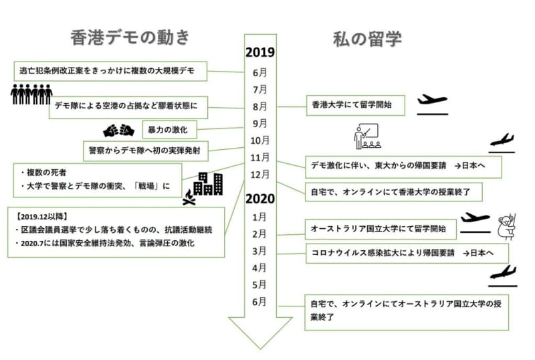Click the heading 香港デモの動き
click(130, 37)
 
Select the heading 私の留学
click(367, 39)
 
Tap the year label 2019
click(260, 52)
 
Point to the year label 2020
click(260, 199)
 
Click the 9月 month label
click(259, 123)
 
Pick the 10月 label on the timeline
click(259, 141)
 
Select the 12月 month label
click(259, 175)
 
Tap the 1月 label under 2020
click(259, 217)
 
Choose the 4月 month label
click(259, 268)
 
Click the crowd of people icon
click(31, 94)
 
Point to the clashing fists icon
click(119, 130)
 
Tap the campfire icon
click(189, 197)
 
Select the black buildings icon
click(208, 184)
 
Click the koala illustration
click(507, 227)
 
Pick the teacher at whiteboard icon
click(367, 137)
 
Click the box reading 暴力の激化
click(170, 130)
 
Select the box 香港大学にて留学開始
click(356, 106)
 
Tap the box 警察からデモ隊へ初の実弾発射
click(146, 151)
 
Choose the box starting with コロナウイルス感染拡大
click(407, 253)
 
